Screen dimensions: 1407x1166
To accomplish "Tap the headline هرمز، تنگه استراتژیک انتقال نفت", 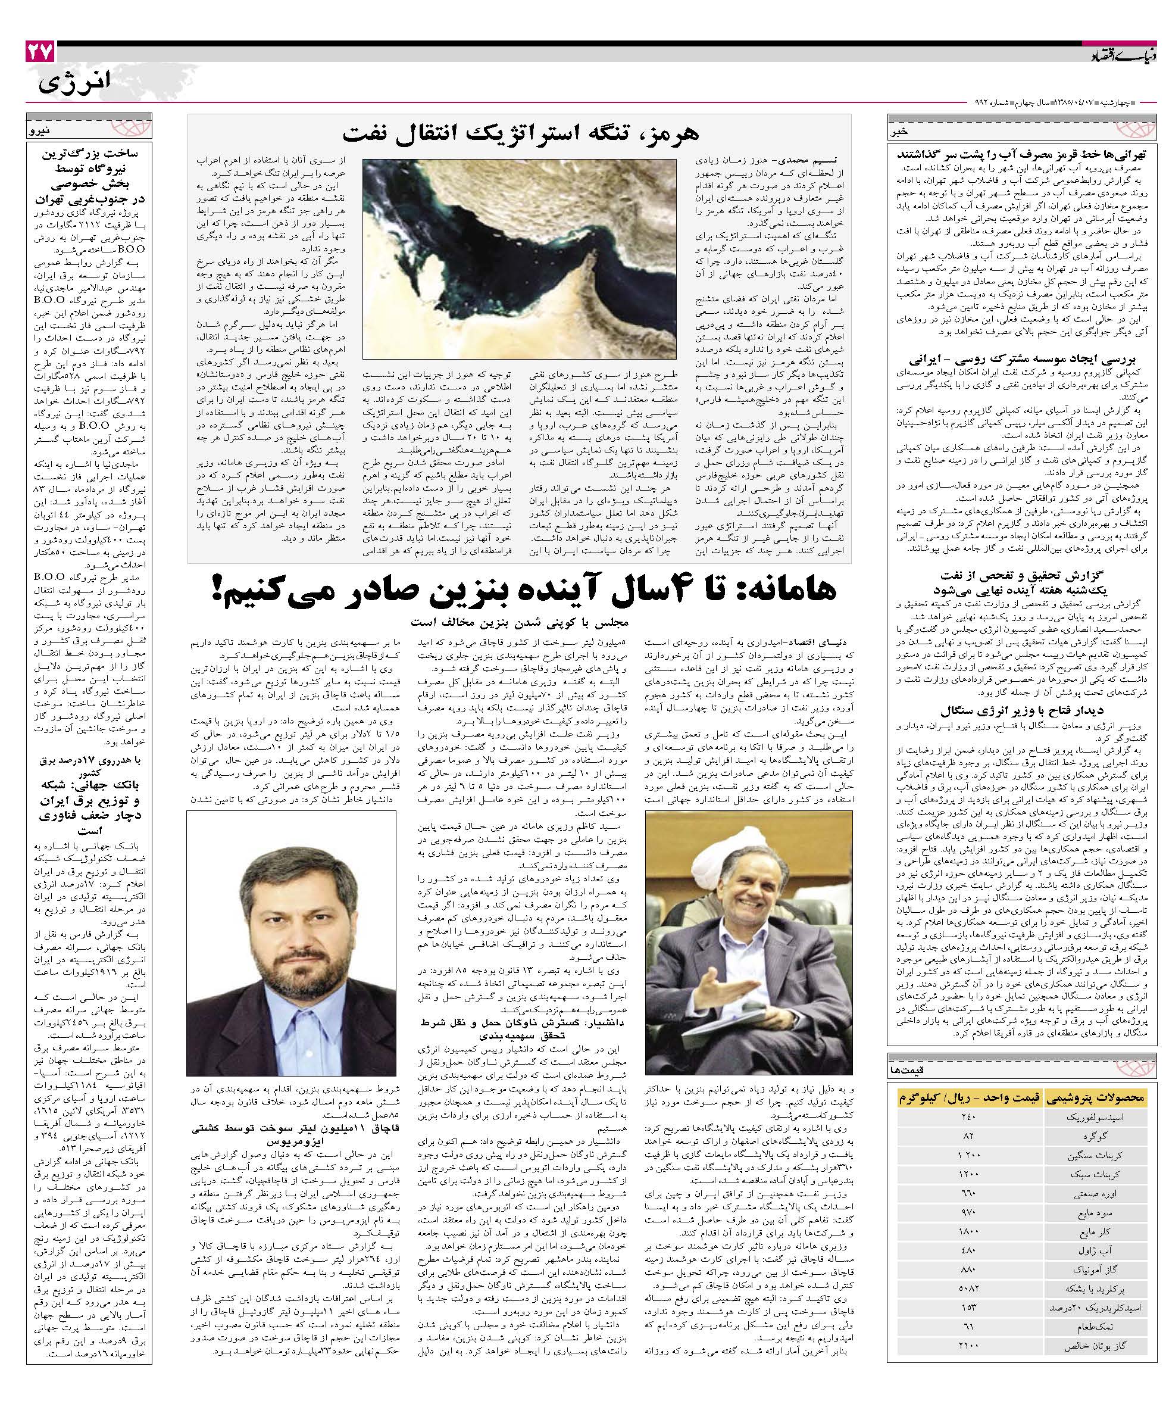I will coord(520,133).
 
